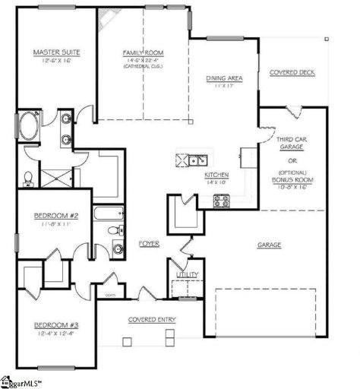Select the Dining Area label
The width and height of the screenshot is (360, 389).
(x=224, y=78)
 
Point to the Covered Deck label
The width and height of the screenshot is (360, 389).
(x=292, y=72)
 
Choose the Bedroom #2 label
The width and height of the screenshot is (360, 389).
(x=52, y=216)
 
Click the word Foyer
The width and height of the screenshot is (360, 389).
(x=149, y=243)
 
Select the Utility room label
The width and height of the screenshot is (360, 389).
(x=186, y=274)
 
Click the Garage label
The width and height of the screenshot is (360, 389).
(x=270, y=245)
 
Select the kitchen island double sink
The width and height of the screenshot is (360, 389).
(x=197, y=160)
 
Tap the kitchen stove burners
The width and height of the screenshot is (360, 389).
(x=221, y=201)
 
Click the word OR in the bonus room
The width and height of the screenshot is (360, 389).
(x=292, y=160)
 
